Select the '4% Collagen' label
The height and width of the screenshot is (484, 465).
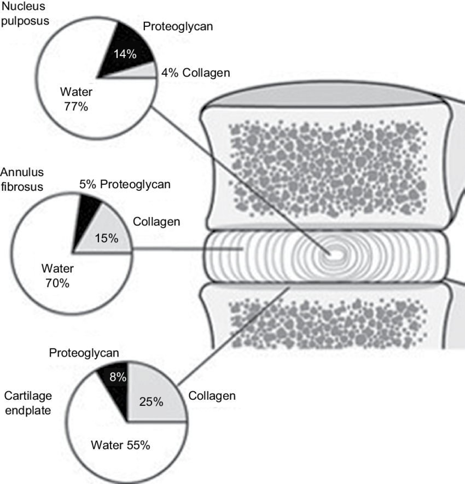point(196,73)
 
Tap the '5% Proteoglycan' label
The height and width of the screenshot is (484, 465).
point(125,185)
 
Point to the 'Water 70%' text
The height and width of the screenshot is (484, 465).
point(57,275)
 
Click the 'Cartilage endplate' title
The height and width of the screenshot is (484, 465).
point(27,403)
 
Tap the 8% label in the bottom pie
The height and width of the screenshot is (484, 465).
point(118,377)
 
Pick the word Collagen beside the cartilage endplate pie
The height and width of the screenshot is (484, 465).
point(212,395)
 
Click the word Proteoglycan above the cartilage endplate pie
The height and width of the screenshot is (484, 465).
point(84,354)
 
